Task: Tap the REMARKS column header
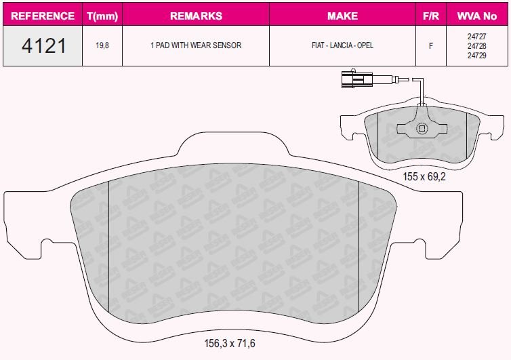pos(195,16)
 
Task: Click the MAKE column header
pos(342,16)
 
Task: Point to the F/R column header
pos(430,16)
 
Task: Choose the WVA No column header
pos(477,16)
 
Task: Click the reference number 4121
pos(43,46)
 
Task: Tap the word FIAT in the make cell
pos(317,46)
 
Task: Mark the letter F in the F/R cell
pos(430,46)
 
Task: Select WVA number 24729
pos(477,56)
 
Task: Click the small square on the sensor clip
pos(422,128)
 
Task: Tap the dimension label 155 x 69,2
pos(424,175)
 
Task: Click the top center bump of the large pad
pos(233,146)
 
